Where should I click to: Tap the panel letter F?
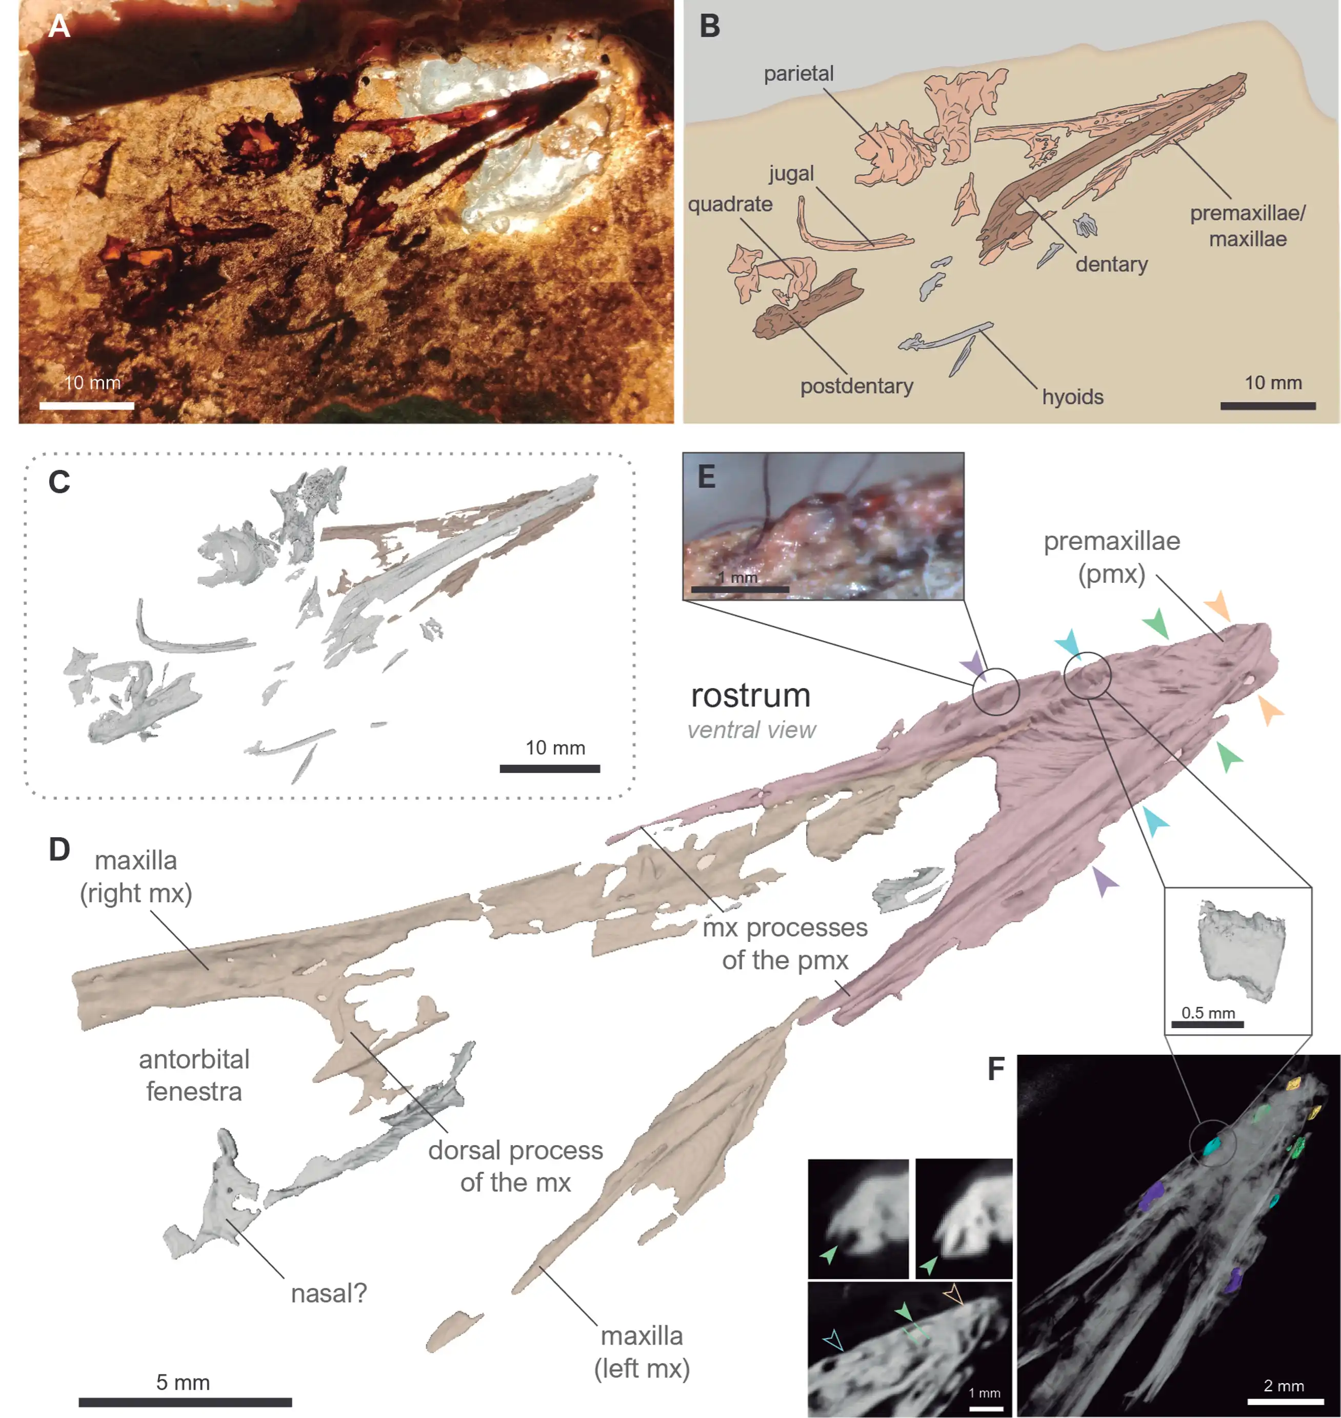pyautogui.click(x=996, y=1070)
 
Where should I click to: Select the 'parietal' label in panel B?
pyautogui.click(x=798, y=74)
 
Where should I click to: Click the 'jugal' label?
pyautogui.click(x=791, y=174)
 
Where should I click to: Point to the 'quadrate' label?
pyautogui.click(x=730, y=205)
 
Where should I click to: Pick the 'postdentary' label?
pyautogui.click(x=856, y=386)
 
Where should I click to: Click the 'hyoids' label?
pyautogui.click(x=1072, y=397)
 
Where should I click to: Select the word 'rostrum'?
pyautogui.click(x=751, y=695)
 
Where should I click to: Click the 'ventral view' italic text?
pyautogui.click(x=751, y=730)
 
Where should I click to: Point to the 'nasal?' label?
pyautogui.click(x=328, y=1293)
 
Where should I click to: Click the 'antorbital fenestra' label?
pyautogui.click(x=194, y=1075)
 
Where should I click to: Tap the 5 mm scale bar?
pyautogui.click(x=185, y=1402)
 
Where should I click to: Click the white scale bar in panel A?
pyautogui.click(x=87, y=405)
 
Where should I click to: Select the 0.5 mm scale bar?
pyautogui.click(x=1207, y=1025)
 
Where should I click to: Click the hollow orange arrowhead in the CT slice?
pyautogui.click(x=952, y=1293)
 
